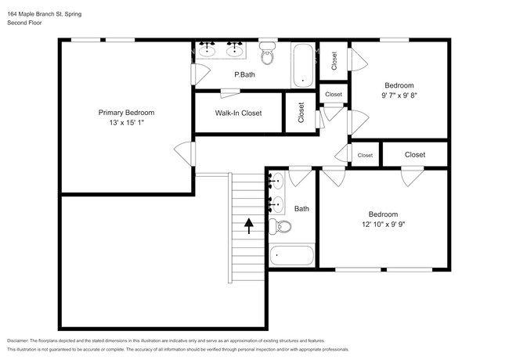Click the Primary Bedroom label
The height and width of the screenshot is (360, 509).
pyautogui.click(x=126, y=113)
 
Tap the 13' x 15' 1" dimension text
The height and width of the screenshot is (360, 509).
pyautogui.click(x=126, y=123)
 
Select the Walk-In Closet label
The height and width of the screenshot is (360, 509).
pyautogui.click(x=238, y=113)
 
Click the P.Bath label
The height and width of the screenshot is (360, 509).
pyautogui.click(x=244, y=74)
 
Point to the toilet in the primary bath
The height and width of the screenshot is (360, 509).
pyautogui.click(x=268, y=53)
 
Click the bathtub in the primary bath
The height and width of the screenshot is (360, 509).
pyautogui.click(x=303, y=65)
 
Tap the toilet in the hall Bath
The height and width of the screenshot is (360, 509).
pyautogui.click(x=280, y=226)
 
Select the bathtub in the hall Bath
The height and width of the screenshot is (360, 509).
pyautogui.click(x=292, y=256)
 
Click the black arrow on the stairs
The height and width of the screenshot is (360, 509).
pyautogui.click(x=249, y=225)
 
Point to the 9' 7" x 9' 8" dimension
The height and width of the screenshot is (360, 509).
pyautogui.click(x=399, y=95)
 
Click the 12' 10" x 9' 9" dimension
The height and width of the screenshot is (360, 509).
pyautogui.click(x=384, y=224)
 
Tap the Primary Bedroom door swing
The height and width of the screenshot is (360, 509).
pyautogui.click(x=184, y=153)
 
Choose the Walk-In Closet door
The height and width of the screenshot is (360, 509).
pyautogui.click(x=229, y=93)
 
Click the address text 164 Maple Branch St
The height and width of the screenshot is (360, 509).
pyautogui.click(x=36, y=14)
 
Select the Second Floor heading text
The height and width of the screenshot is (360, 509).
pyautogui.click(x=25, y=23)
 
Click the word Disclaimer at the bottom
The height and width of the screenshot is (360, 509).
pyautogui.click(x=18, y=341)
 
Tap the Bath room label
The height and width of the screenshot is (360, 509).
pyautogui.click(x=301, y=209)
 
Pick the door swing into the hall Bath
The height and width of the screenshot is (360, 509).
pyautogui.click(x=300, y=176)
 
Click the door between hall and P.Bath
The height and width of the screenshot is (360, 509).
pyautogui.click(x=200, y=74)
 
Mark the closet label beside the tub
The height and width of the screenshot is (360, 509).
pyautogui.click(x=334, y=61)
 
